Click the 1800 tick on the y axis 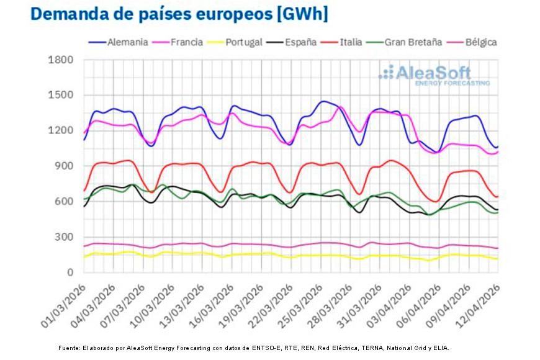[61, 60]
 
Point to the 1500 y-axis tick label [61, 96]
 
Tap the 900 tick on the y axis [65, 166]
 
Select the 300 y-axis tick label [65, 238]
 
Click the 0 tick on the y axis [70, 273]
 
